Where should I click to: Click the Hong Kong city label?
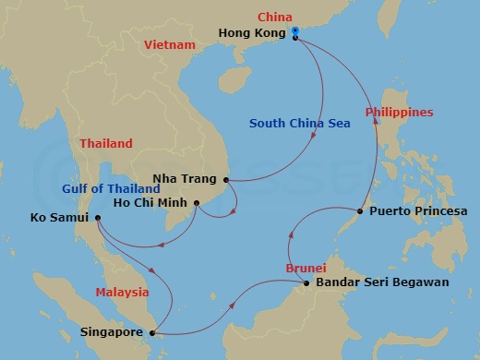tap(252, 32)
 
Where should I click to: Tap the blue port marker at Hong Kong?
tap(294, 31)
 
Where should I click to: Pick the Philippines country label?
tap(399, 113)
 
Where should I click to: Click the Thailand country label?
tap(106, 144)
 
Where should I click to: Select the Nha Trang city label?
tap(189, 180)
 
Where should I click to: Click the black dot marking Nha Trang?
tap(225, 180)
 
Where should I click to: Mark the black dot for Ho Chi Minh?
tap(198, 202)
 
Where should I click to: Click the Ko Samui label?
tap(57, 219)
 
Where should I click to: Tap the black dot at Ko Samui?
tap(98, 219)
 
